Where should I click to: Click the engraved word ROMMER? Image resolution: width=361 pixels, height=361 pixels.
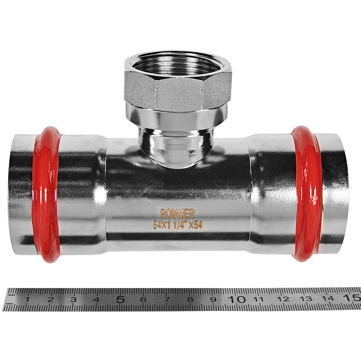tap(177, 214)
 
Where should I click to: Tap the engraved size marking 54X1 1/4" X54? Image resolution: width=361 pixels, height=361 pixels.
tap(178, 225)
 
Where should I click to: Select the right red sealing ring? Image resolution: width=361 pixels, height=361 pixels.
tap(307, 194)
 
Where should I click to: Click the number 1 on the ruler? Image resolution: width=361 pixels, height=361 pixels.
tap(27, 300)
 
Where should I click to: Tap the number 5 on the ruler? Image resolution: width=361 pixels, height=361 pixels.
tap(121, 300)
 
